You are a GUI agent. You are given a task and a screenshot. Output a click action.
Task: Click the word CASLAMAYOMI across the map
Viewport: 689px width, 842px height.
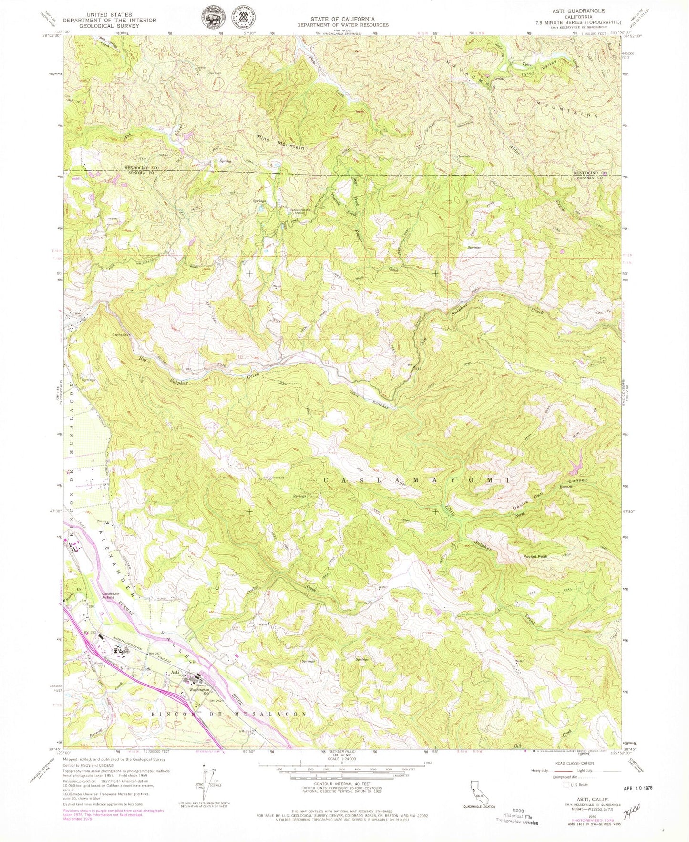tap(416, 480)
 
